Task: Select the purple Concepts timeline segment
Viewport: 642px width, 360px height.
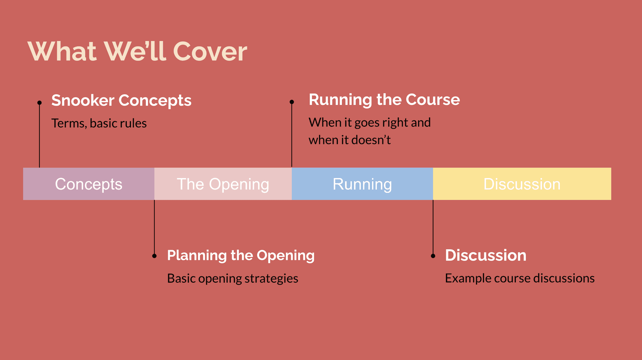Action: pos(89,184)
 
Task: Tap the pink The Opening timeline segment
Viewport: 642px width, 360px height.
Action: pos(223,184)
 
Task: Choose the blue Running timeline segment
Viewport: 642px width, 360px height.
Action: pos(362,184)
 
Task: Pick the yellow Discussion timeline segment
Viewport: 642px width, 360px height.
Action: pos(522,184)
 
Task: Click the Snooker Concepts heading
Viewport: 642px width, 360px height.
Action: pos(121,100)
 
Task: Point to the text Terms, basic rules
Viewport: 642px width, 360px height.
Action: pos(99,123)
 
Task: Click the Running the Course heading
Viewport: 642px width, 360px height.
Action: pos(384,99)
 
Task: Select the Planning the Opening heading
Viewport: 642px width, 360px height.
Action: pos(241,255)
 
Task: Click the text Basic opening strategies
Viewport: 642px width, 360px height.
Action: pos(232,278)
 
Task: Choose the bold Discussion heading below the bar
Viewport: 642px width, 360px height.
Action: pos(485,255)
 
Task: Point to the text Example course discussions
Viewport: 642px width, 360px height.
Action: pos(519,278)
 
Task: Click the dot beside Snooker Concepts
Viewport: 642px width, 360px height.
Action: pos(39,103)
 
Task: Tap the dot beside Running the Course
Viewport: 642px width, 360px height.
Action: pos(292,102)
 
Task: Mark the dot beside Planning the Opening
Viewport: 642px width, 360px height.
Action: pos(154,256)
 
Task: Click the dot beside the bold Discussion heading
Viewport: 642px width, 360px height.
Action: pos(433,256)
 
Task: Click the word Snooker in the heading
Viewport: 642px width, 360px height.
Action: pos(83,100)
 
